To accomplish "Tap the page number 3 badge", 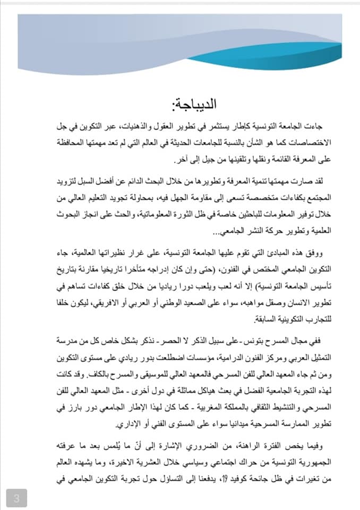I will (x=16, y=498).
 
